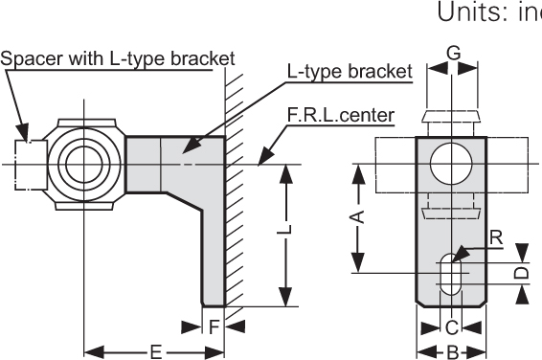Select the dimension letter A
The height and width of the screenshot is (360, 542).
pos(356,218)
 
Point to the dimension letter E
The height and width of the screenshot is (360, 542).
pos(155,351)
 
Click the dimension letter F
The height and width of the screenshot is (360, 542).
pos(215,327)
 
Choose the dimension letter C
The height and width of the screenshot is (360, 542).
pos(451,327)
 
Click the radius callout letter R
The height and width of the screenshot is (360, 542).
pos(494,236)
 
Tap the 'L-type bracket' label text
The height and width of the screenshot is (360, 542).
pos(350,72)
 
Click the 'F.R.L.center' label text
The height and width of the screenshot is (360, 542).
pos(340,117)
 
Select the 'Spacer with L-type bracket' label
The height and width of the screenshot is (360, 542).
pos(117,58)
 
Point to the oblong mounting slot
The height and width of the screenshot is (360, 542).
pos(451,276)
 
